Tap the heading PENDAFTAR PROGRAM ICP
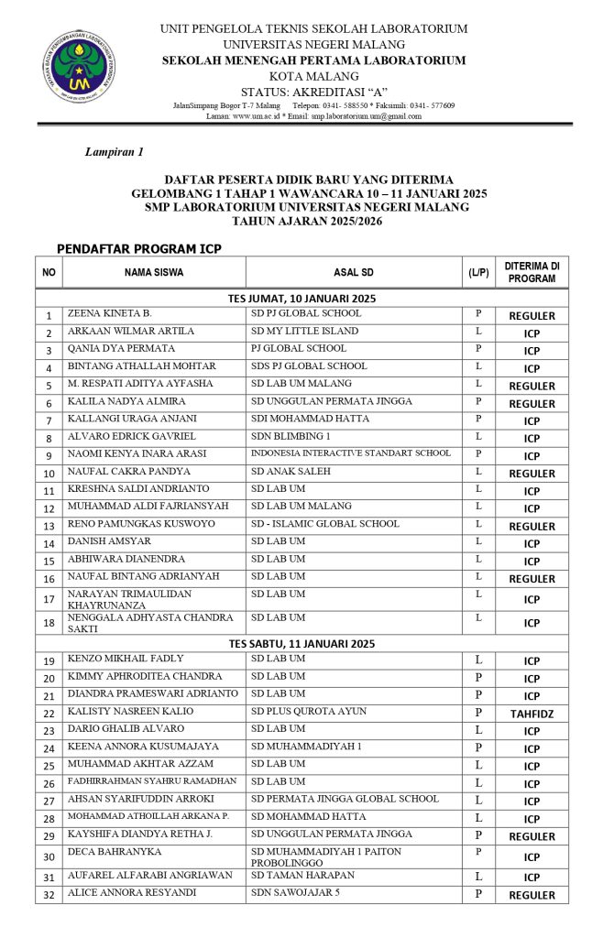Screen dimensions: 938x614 tap(138, 248)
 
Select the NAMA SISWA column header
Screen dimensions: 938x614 tap(154, 272)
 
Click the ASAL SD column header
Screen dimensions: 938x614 tap(354, 272)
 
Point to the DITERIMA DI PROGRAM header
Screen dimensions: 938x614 tap(532, 272)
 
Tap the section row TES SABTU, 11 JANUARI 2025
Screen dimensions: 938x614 tap(302, 644)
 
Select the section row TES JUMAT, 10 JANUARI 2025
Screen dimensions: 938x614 tap(302, 299)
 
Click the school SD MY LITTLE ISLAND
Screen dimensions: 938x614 tap(304, 331)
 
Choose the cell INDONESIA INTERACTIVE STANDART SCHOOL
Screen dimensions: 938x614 tap(351, 453)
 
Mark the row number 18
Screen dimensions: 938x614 tap(49, 623)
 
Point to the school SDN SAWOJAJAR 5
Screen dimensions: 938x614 tap(295, 893)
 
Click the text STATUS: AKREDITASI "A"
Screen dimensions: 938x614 tap(313, 92)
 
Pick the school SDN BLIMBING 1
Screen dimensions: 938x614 tap(291, 436)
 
